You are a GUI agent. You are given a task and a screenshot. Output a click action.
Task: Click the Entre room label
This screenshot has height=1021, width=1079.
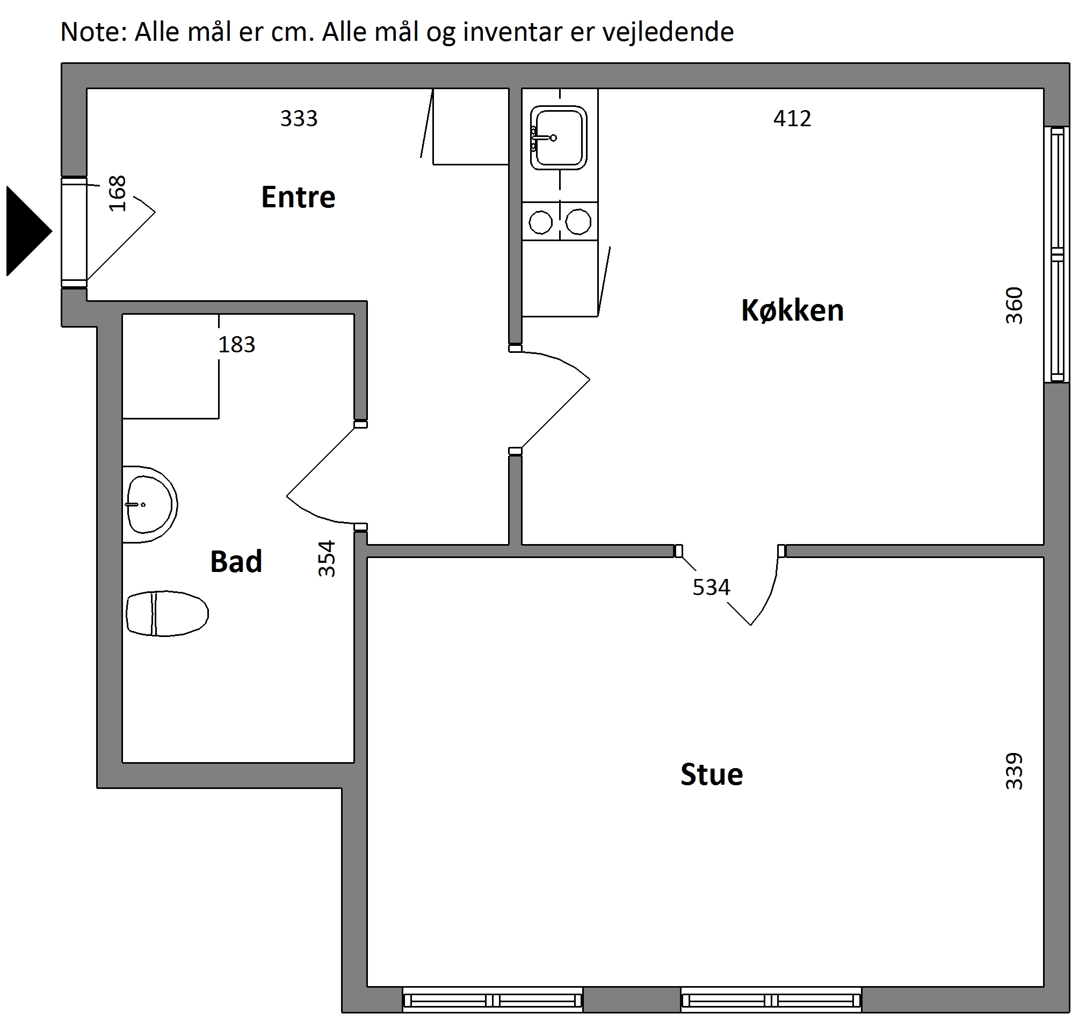pyautogui.click(x=298, y=197)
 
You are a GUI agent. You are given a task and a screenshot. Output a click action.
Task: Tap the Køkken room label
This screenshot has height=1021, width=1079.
pyautogui.click(x=792, y=311)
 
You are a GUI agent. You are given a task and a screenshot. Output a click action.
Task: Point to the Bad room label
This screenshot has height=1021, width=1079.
pyautogui.click(x=236, y=561)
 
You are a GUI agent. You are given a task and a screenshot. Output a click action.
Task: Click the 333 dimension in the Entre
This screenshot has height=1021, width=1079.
pyautogui.click(x=299, y=119)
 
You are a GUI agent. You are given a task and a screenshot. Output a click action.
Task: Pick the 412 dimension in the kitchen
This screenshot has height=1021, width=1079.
pyautogui.click(x=792, y=119)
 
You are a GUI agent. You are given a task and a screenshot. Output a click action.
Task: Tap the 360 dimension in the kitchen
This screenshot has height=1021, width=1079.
pyautogui.click(x=1013, y=305)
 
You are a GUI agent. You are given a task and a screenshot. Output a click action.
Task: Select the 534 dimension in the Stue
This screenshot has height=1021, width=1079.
pyautogui.click(x=711, y=587)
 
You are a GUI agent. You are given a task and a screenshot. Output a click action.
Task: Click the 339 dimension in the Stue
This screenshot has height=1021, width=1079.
pyautogui.click(x=1013, y=771)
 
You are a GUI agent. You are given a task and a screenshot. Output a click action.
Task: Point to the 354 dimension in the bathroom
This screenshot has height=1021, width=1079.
pyautogui.click(x=327, y=559)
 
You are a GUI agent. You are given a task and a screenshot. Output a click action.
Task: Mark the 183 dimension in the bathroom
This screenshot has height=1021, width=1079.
pyautogui.click(x=237, y=344)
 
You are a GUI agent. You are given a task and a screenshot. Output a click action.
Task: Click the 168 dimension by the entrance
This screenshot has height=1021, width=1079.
pyautogui.click(x=118, y=193)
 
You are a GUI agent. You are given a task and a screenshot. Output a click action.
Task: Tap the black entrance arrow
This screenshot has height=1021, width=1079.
pyautogui.click(x=29, y=231)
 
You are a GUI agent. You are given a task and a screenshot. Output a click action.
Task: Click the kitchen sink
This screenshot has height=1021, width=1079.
pyautogui.click(x=558, y=137)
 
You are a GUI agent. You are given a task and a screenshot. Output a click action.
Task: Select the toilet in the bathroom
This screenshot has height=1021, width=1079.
pyautogui.click(x=167, y=613)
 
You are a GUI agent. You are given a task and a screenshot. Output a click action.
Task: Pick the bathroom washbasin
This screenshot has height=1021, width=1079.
pyautogui.click(x=150, y=504)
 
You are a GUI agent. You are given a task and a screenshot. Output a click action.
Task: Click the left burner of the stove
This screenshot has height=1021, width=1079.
pyautogui.click(x=541, y=222)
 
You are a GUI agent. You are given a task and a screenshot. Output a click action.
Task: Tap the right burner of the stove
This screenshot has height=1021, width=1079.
pyautogui.click(x=578, y=222)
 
